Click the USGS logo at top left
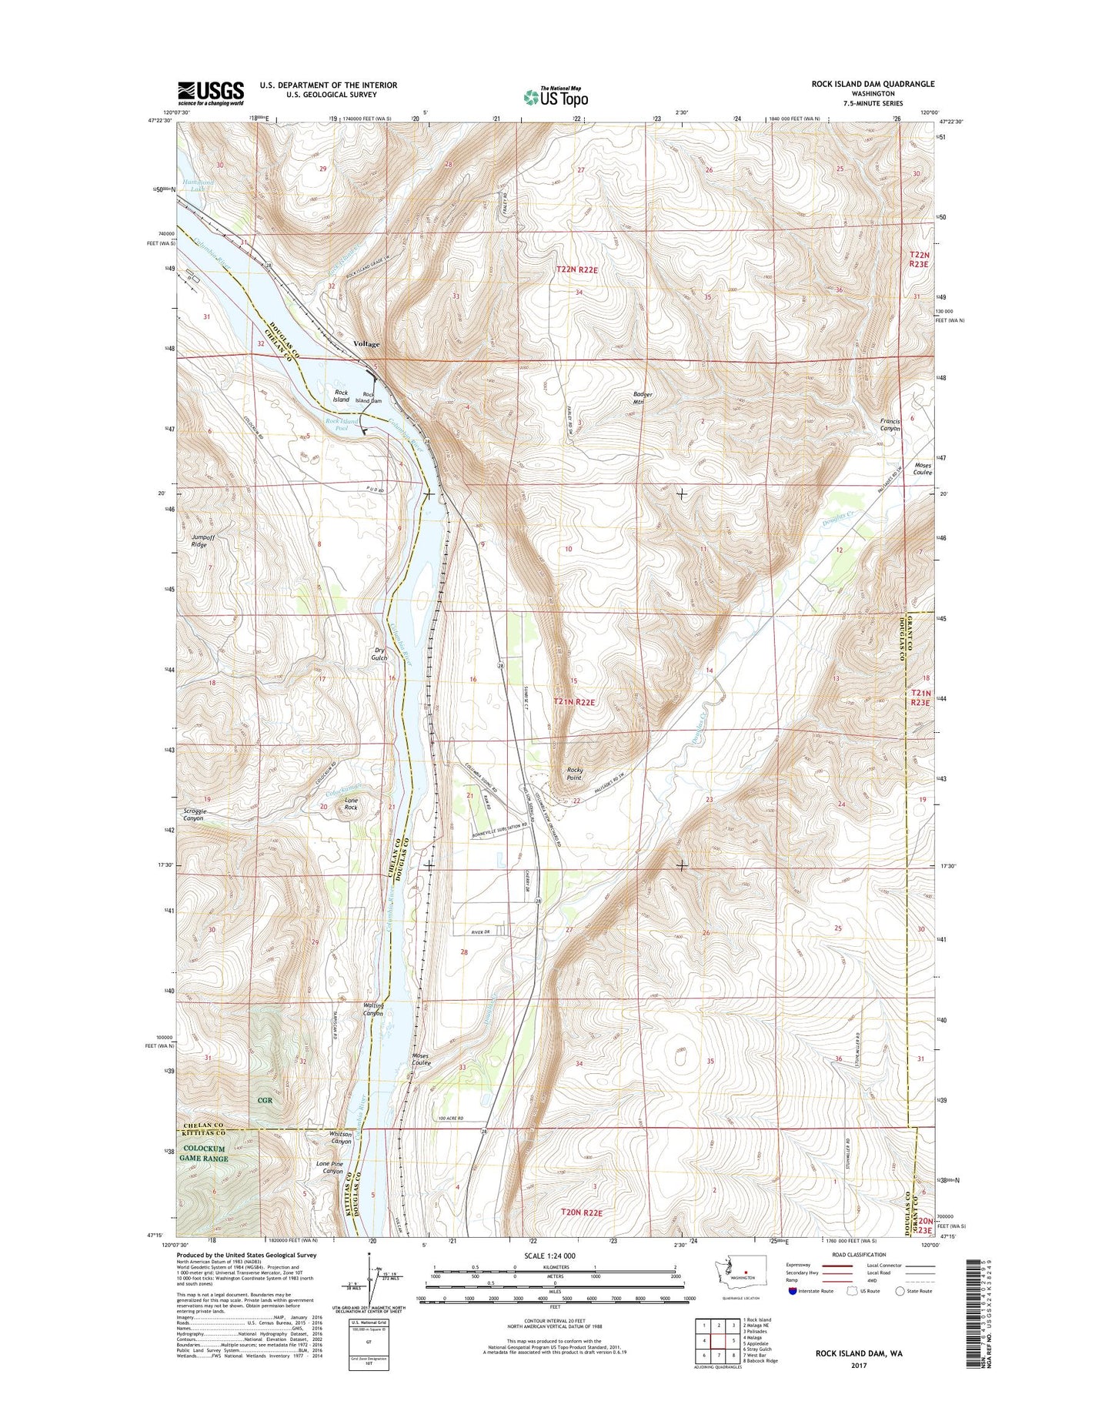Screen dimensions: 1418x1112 point(211,93)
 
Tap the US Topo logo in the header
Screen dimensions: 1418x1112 point(556,96)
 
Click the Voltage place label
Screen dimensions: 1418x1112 point(366,344)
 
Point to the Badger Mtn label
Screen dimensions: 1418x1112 point(643,398)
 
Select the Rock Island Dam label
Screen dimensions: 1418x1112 point(372,398)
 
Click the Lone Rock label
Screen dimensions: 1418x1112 point(351,804)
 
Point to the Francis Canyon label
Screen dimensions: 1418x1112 point(890,424)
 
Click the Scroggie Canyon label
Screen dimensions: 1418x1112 point(194,814)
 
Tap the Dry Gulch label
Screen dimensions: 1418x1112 point(379,654)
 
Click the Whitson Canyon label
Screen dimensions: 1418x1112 point(340,1138)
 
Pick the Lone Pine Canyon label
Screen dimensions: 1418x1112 point(329,1168)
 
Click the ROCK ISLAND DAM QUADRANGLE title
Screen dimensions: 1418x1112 point(873,84)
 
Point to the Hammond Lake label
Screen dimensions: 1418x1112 point(198,185)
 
